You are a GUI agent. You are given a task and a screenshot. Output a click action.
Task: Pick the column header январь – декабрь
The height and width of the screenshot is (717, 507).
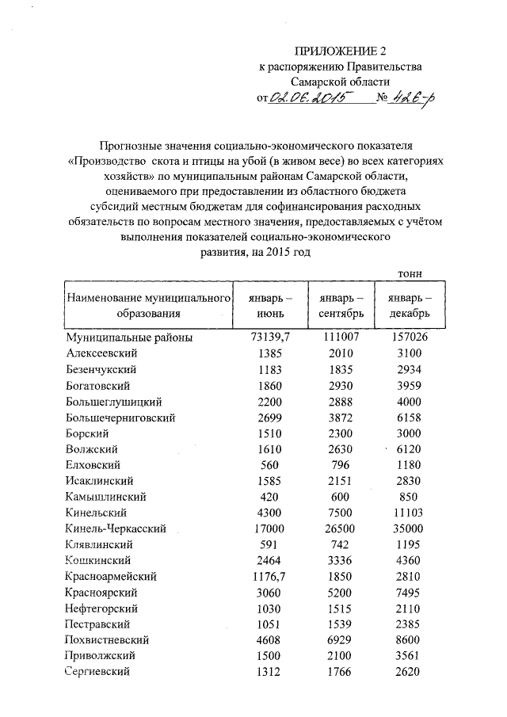tap(410, 305)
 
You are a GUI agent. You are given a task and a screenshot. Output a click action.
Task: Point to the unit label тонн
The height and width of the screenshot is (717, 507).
tap(409, 273)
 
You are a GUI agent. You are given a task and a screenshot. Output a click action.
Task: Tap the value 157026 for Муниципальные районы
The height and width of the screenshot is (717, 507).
tap(410, 338)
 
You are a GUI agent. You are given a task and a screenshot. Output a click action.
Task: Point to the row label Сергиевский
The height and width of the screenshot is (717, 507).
tap(98, 672)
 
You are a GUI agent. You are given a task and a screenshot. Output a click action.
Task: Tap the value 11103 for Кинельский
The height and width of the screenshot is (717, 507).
tap(410, 513)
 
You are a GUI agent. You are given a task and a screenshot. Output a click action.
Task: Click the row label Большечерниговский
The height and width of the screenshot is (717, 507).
tap(120, 417)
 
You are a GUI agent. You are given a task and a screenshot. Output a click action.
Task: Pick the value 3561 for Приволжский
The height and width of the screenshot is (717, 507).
tap(410, 656)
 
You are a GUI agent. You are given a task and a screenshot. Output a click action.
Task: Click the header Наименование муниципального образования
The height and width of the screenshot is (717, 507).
tap(148, 305)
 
